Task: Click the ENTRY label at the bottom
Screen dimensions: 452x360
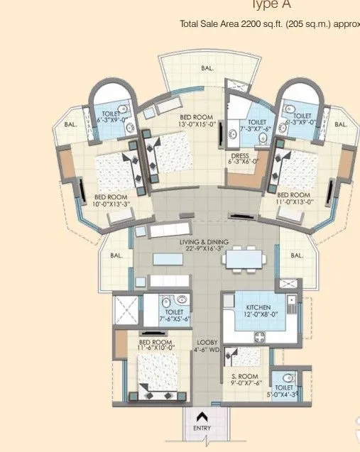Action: click(202, 429)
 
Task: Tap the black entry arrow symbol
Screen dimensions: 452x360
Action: click(202, 417)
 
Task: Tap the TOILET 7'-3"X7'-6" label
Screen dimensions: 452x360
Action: click(258, 126)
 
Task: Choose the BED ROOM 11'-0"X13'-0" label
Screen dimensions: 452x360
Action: click(293, 199)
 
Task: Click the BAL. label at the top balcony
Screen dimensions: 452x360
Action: click(207, 68)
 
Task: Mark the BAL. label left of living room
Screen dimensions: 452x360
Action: click(116, 255)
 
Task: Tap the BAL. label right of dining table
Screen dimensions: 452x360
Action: click(297, 255)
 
